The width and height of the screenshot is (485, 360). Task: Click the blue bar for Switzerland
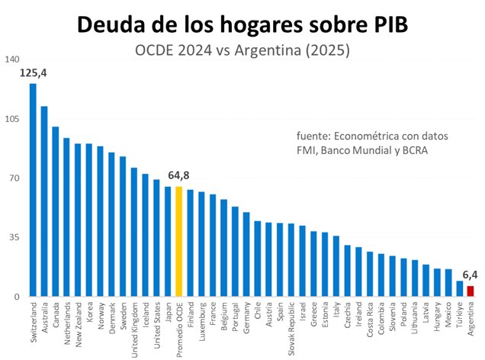coord(33,190)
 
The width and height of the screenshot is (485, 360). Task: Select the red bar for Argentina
coord(471,291)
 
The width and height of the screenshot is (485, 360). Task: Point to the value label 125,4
coord(34,73)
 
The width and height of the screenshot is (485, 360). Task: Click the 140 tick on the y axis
coord(11,59)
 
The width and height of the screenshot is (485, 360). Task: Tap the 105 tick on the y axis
coord(11,119)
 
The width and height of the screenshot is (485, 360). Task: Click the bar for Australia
coord(44,201)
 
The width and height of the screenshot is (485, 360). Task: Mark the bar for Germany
coord(246,255)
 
